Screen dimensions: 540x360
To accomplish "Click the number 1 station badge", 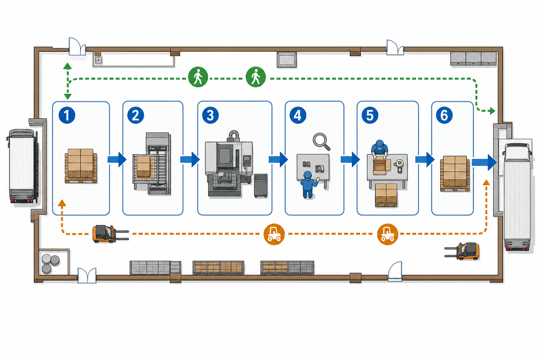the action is [x=67, y=115].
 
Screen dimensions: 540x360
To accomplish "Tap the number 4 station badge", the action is [x=298, y=115].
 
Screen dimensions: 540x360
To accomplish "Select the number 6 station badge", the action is [x=444, y=115].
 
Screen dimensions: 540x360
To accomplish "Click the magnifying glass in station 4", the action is [x=321, y=142].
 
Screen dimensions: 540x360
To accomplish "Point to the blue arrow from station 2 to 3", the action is [x=190, y=159].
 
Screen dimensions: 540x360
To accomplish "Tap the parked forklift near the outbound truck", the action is [x=462, y=251].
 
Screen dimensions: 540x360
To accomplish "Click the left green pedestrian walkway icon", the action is [x=198, y=77].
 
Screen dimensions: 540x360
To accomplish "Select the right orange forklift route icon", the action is [x=387, y=234].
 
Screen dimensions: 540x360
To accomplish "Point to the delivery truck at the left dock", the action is [x=22, y=166].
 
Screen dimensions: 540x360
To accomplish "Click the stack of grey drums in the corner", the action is [x=50, y=264].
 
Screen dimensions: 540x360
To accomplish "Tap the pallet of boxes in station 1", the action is [x=81, y=166].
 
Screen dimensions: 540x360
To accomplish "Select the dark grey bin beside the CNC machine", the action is [x=261, y=186].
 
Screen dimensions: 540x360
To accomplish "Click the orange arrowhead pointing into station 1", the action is [x=62, y=203].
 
